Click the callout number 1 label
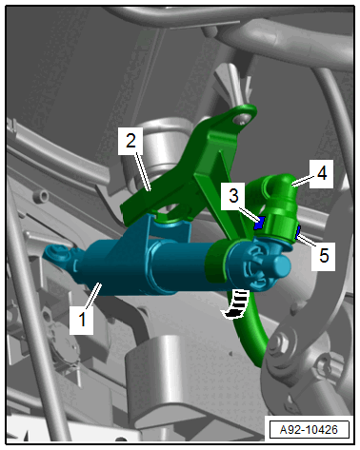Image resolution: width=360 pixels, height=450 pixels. click(82, 319)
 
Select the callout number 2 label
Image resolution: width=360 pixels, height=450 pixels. click(130, 141)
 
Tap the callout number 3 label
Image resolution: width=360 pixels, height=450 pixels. click(233, 196)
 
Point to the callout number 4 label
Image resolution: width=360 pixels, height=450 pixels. click(322, 173)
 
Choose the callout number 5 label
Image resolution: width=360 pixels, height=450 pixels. click(324, 255)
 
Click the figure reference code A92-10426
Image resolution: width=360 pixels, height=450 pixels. click(309, 430)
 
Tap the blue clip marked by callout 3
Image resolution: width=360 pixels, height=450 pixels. click(259, 223)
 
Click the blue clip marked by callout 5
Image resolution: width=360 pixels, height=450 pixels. click(298, 232)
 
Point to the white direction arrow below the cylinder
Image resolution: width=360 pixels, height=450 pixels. click(235, 304)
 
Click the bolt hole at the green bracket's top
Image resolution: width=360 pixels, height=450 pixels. click(241, 118)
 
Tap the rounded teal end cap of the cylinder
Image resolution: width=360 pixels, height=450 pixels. click(281, 265)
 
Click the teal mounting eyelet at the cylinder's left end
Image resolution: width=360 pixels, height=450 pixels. click(58, 254)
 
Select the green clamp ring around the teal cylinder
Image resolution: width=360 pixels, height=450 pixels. click(217, 261)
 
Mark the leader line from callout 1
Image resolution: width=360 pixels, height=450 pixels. click(92, 295)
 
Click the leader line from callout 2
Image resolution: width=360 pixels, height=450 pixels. click(143, 172)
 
